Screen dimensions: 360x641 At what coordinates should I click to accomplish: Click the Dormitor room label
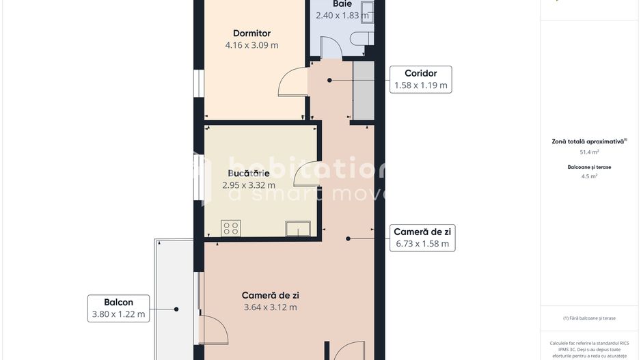click(251, 33)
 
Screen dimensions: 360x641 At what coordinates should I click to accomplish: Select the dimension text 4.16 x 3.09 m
click(251, 45)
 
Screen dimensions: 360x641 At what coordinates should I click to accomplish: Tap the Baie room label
click(342, 4)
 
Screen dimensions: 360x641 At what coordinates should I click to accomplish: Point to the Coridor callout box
click(420, 79)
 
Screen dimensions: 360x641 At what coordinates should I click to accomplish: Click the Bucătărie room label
click(249, 173)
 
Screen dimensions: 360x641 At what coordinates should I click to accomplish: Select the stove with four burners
click(231, 228)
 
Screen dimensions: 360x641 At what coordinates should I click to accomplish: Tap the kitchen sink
click(297, 229)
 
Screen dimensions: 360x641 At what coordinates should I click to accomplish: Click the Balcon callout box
click(118, 308)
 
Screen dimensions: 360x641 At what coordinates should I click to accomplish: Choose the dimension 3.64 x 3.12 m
click(271, 307)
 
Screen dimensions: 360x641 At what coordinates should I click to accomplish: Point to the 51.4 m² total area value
click(588, 152)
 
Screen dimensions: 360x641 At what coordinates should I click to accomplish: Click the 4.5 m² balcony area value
click(588, 176)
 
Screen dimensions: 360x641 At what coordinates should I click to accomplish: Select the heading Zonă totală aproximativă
click(588, 141)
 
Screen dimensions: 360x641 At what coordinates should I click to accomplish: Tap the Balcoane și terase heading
click(588, 167)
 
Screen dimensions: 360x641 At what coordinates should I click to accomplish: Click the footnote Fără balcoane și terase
click(588, 318)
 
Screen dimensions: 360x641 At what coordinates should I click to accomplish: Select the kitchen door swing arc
click(305, 174)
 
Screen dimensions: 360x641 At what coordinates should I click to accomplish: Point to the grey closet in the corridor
click(363, 92)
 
